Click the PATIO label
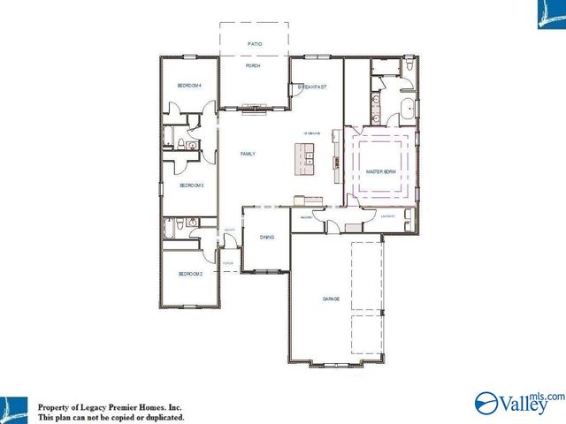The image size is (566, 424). coord(255,42)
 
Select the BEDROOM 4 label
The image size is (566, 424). coord(189,86)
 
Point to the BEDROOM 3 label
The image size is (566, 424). coord(192,185)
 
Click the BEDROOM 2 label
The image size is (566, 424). coord(190,275)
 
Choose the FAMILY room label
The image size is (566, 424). coord(248,154)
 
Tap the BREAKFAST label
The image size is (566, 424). coord(312,87)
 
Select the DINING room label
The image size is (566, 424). coord(266,238)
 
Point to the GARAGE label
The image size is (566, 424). coord(331,299)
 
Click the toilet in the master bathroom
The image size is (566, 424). coord(409,64)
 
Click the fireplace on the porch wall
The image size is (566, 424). coord(254,110)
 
